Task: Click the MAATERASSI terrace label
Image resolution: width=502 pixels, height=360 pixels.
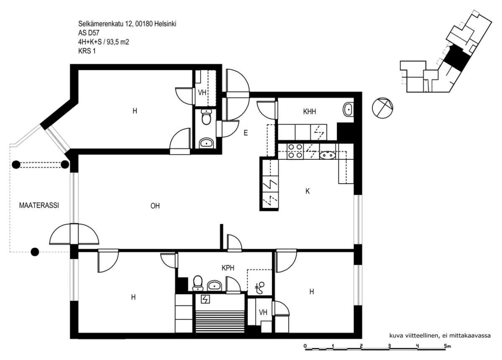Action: click(x=39, y=205)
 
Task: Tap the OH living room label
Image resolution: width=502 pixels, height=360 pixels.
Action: click(x=155, y=206)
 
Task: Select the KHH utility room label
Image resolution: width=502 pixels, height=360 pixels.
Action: click(x=310, y=112)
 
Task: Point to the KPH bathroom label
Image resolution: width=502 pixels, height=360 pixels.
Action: click(x=228, y=268)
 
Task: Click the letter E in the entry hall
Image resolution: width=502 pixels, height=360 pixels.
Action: click(x=246, y=133)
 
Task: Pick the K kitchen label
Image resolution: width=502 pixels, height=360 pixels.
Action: click(x=307, y=191)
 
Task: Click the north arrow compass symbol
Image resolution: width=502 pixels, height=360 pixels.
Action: click(x=382, y=108)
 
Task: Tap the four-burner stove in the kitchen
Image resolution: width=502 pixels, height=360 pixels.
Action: click(x=295, y=151)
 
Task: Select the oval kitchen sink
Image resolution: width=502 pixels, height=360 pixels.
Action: click(x=328, y=155)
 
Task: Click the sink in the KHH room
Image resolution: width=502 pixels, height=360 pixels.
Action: click(x=348, y=109)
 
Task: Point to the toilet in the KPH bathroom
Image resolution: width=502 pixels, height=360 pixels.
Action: click(x=197, y=283)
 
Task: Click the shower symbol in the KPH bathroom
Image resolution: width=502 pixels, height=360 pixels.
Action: click(x=260, y=288)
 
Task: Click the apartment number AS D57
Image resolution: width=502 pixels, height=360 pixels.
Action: click(x=89, y=33)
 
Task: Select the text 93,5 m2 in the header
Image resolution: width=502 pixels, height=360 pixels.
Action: click(x=118, y=42)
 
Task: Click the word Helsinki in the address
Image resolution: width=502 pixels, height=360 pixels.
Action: click(x=165, y=24)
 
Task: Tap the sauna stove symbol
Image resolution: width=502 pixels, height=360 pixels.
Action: click(x=205, y=299)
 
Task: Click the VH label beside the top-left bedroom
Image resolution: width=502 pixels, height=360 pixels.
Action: click(x=202, y=92)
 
